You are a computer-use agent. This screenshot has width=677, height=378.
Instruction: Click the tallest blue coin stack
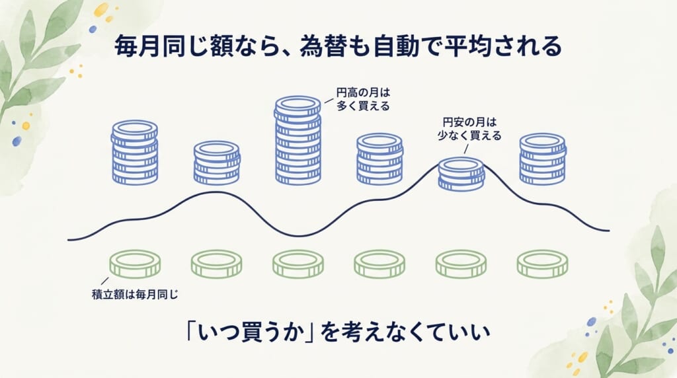pyautogui.click(x=298, y=140)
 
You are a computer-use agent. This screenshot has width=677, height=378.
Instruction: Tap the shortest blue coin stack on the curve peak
pyautogui.click(x=461, y=174)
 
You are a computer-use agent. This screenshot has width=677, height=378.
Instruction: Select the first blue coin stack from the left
pyautogui.click(x=135, y=152)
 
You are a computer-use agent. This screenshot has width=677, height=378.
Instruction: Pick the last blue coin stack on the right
pyautogui.click(x=543, y=159)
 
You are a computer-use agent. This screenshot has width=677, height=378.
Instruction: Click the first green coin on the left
pyautogui.click(x=135, y=264)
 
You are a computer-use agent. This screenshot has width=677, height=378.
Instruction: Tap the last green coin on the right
pyautogui.click(x=543, y=264)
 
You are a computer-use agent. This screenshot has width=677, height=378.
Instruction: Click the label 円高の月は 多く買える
pyautogui.click(x=363, y=99)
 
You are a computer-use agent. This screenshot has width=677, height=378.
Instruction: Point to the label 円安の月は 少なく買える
pyautogui.click(x=469, y=129)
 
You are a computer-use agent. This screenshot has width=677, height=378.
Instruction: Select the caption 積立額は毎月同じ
pyautogui.click(x=135, y=295)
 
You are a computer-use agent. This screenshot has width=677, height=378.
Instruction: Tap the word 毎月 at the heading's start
pyautogui.click(x=138, y=46)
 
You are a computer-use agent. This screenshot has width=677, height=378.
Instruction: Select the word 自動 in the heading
pyautogui.click(x=397, y=46)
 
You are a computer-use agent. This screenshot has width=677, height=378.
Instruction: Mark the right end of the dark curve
pyautogui.click(x=609, y=231)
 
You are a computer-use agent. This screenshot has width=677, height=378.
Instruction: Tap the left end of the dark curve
pyautogui.click(x=68, y=239)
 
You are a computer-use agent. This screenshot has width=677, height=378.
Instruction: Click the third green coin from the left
pyautogui.click(x=298, y=264)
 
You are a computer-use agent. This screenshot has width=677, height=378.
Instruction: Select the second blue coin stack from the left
pyautogui.click(x=216, y=163)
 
